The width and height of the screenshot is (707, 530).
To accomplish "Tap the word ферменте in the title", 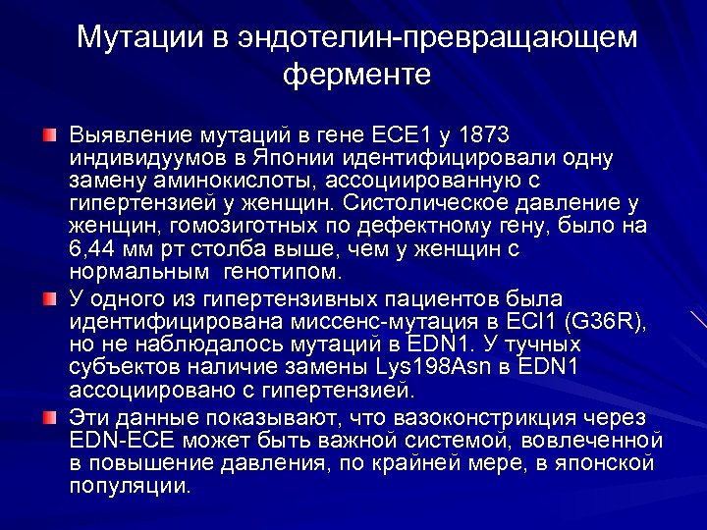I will (x=356, y=75).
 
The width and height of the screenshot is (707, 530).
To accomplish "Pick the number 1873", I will (x=486, y=133).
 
